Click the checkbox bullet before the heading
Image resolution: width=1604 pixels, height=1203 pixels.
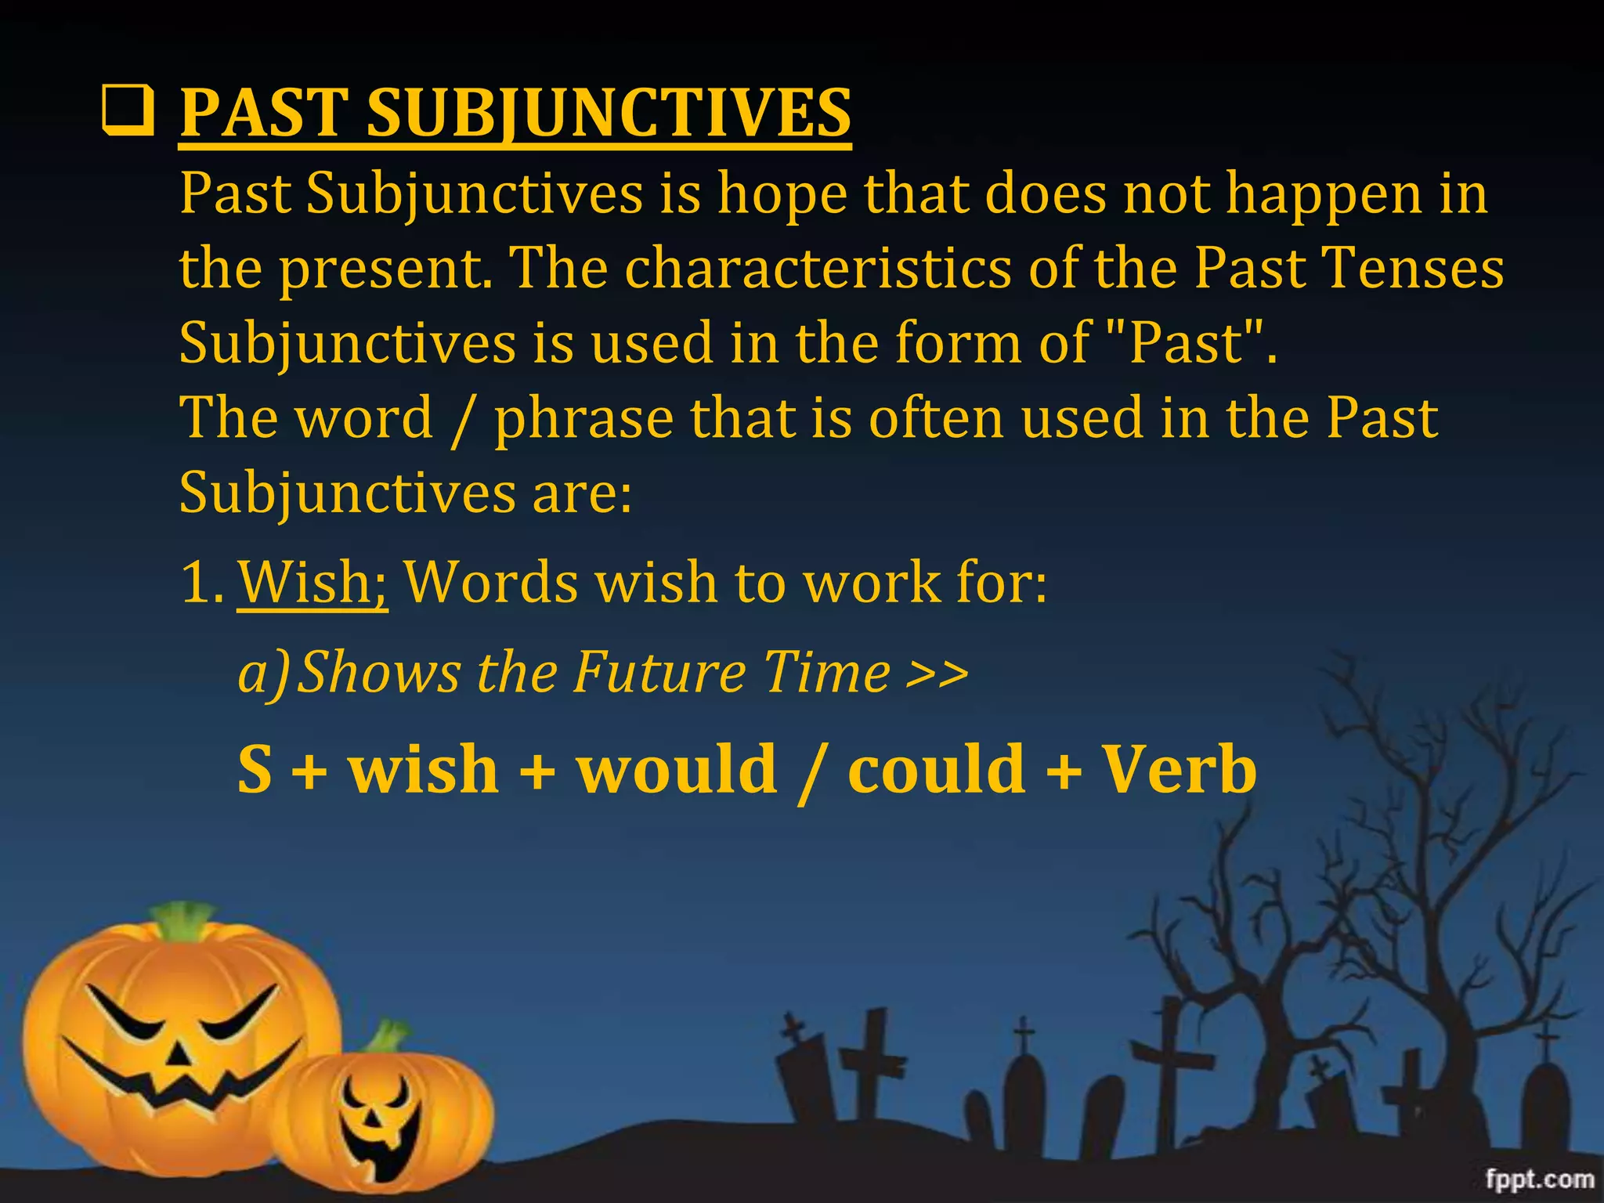(x=128, y=113)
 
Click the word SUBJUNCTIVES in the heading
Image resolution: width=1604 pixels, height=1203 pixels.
(x=609, y=113)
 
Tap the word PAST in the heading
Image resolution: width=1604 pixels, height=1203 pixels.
(x=264, y=113)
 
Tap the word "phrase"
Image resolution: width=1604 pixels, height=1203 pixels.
(x=583, y=418)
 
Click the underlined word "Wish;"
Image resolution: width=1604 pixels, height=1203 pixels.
(x=312, y=583)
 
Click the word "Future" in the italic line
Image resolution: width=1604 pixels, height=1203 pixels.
(x=659, y=672)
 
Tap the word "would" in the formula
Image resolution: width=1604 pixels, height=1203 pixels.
(x=677, y=769)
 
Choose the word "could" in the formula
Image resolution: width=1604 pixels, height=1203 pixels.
(x=937, y=769)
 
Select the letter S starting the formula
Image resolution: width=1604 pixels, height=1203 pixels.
(x=255, y=769)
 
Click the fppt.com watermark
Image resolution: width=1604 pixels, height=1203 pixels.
(x=1540, y=1179)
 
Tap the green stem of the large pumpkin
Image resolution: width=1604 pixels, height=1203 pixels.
(x=185, y=919)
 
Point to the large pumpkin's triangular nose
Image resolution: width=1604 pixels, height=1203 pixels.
(x=181, y=1054)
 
